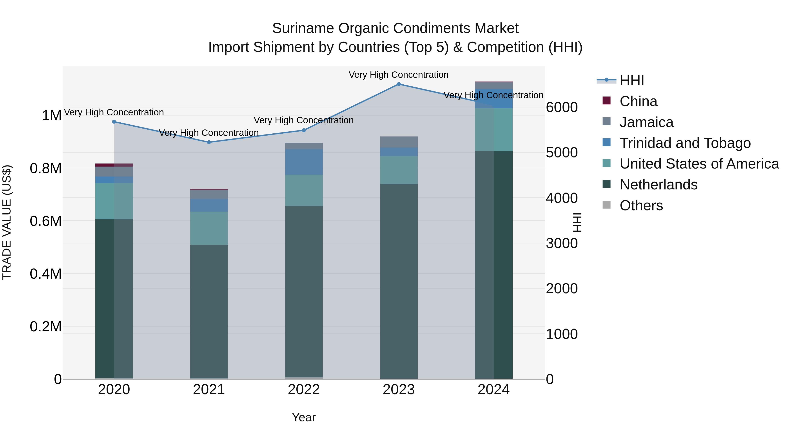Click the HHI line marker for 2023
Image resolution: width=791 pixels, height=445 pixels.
[399, 84]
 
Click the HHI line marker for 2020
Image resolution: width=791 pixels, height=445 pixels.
[114, 122]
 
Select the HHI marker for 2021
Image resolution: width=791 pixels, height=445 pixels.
[209, 142]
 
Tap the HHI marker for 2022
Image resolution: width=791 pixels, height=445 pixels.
[304, 130]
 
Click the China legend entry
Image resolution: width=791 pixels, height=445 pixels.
[638, 101]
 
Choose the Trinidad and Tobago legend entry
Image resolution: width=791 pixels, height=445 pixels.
[685, 143]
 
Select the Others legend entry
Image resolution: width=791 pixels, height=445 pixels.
[641, 205]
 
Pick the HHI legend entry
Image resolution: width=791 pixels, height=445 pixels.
[632, 80]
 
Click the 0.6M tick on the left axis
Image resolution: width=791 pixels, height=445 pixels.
[46, 221]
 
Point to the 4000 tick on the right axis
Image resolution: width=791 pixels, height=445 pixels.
[562, 198]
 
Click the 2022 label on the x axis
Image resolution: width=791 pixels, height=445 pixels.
[304, 390]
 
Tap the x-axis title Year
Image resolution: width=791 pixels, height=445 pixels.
[304, 417]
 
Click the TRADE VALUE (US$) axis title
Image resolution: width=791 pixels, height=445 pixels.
[7, 222]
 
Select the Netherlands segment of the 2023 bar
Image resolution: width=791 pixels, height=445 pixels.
[399, 281]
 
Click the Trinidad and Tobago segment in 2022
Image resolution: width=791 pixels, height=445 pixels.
[304, 162]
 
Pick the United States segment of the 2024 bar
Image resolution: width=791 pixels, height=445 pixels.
[493, 130]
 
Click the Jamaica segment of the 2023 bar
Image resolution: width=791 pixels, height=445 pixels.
[399, 142]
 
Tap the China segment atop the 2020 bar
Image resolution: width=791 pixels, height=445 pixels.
[114, 165]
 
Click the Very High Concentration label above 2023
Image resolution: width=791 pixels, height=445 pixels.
[399, 75]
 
